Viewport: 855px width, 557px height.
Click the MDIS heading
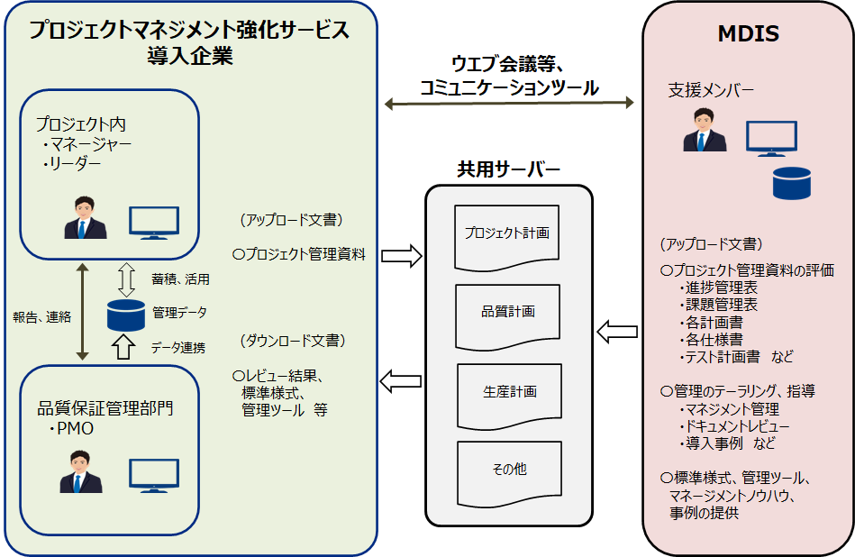tap(748, 35)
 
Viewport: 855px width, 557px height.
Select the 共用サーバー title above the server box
tap(509, 169)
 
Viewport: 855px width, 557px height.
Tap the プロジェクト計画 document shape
tap(507, 235)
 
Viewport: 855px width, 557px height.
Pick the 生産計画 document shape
tap(509, 394)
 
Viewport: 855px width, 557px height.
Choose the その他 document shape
tap(509, 470)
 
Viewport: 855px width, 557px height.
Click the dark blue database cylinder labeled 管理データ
tap(126, 315)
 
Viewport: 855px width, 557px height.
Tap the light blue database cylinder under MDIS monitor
tap(792, 182)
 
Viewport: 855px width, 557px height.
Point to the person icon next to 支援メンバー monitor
tap(705, 131)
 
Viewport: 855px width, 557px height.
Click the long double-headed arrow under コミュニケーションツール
tap(509, 104)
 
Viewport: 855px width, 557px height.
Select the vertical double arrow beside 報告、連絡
tap(82, 312)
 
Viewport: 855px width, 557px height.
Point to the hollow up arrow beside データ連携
tap(126, 346)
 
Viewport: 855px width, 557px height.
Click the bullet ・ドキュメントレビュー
tap(733, 426)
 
